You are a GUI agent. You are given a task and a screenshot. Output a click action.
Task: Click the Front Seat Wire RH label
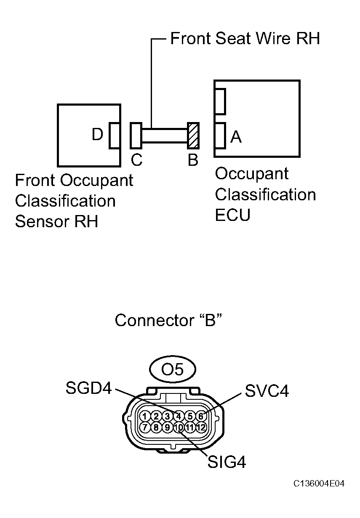coord(245,39)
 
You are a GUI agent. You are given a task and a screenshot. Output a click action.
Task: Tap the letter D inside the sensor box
coord(97,135)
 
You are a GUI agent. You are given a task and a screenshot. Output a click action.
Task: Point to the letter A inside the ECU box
coord(236,136)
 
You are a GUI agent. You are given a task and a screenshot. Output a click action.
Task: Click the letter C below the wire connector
coord(136,160)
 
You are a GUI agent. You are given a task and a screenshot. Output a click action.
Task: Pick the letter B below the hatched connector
coord(193,160)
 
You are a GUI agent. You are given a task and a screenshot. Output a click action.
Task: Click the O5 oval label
coord(173,369)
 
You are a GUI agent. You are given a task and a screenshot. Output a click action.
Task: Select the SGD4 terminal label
coord(88,388)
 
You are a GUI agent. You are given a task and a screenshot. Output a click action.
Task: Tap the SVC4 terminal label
coord(267,391)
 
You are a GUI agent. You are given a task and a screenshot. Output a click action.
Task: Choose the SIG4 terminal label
coord(227,462)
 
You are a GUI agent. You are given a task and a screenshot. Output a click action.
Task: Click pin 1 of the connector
coord(145,416)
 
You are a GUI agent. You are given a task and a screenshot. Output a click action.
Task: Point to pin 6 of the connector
coord(201,416)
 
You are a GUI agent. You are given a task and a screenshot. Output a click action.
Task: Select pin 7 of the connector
coord(145,428)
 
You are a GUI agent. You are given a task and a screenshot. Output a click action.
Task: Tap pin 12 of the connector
coord(201,428)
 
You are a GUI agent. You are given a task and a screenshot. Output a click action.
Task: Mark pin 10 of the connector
coord(179,428)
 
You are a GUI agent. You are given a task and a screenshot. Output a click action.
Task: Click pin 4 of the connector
coord(179,416)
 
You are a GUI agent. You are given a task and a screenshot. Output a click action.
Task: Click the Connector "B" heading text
coord(168,321)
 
